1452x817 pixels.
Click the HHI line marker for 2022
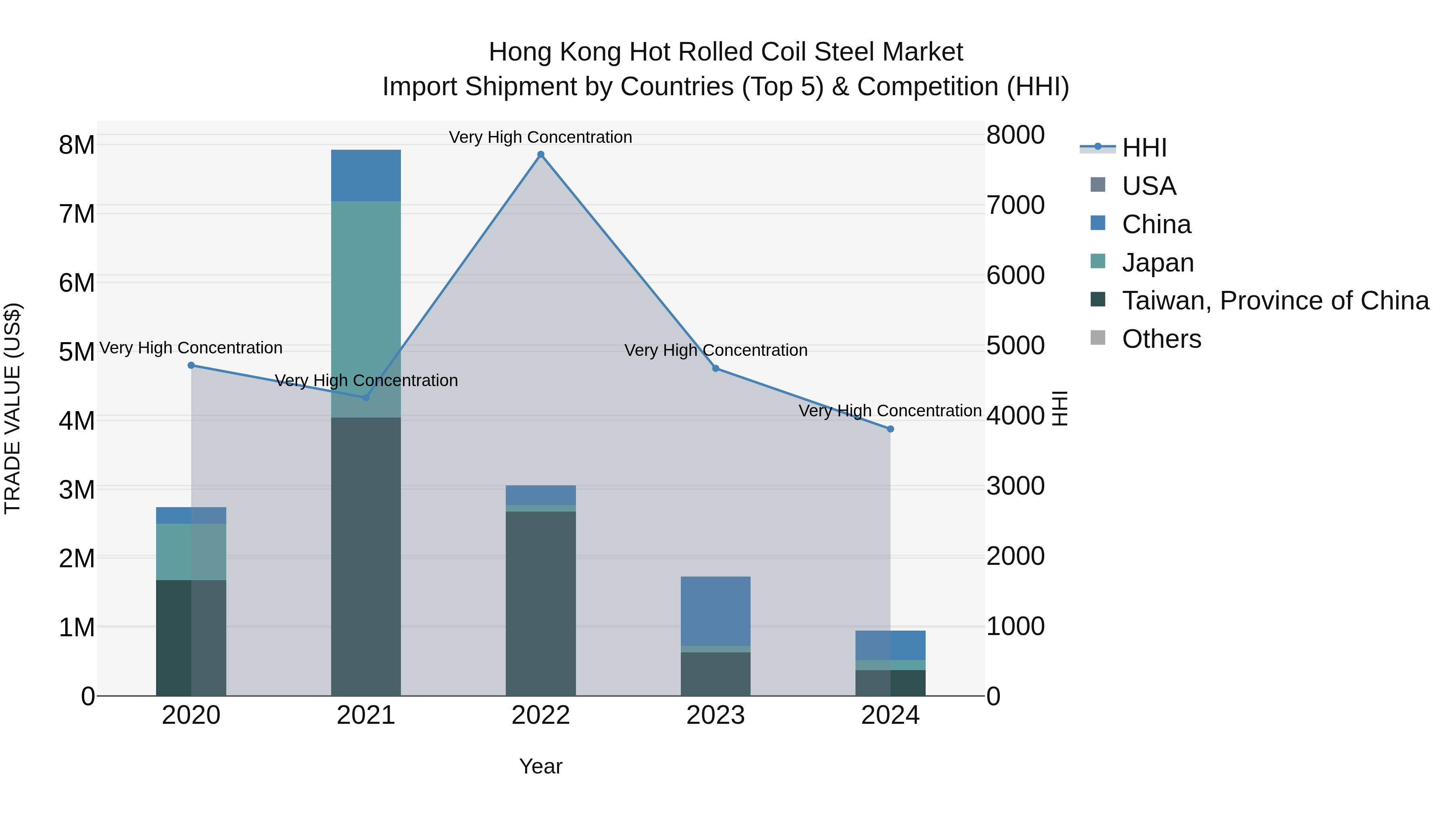pyautogui.click(x=540, y=155)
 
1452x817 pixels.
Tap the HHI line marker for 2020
pyautogui.click(x=191, y=366)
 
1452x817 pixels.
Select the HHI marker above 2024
pyautogui.click(x=891, y=429)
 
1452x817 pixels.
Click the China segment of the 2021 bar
pyautogui.click(x=366, y=176)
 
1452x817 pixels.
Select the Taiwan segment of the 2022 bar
pyautogui.click(x=540, y=603)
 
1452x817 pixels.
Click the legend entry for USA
pyautogui.click(x=1149, y=186)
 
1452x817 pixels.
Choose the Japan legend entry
pyautogui.click(x=1157, y=263)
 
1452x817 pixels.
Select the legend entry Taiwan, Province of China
pyautogui.click(x=1275, y=301)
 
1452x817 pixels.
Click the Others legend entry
pyautogui.click(x=1161, y=339)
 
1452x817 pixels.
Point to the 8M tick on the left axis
pyautogui.click(x=77, y=145)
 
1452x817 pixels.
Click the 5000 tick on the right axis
pyautogui.click(x=1015, y=346)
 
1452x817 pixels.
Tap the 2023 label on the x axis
pyautogui.click(x=715, y=715)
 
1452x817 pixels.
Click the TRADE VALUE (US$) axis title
pyautogui.click(x=13, y=408)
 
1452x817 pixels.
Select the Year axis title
pyautogui.click(x=540, y=766)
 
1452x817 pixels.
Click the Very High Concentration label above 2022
pyautogui.click(x=540, y=137)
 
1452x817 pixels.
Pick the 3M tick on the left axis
pyautogui.click(x=77, y=489)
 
